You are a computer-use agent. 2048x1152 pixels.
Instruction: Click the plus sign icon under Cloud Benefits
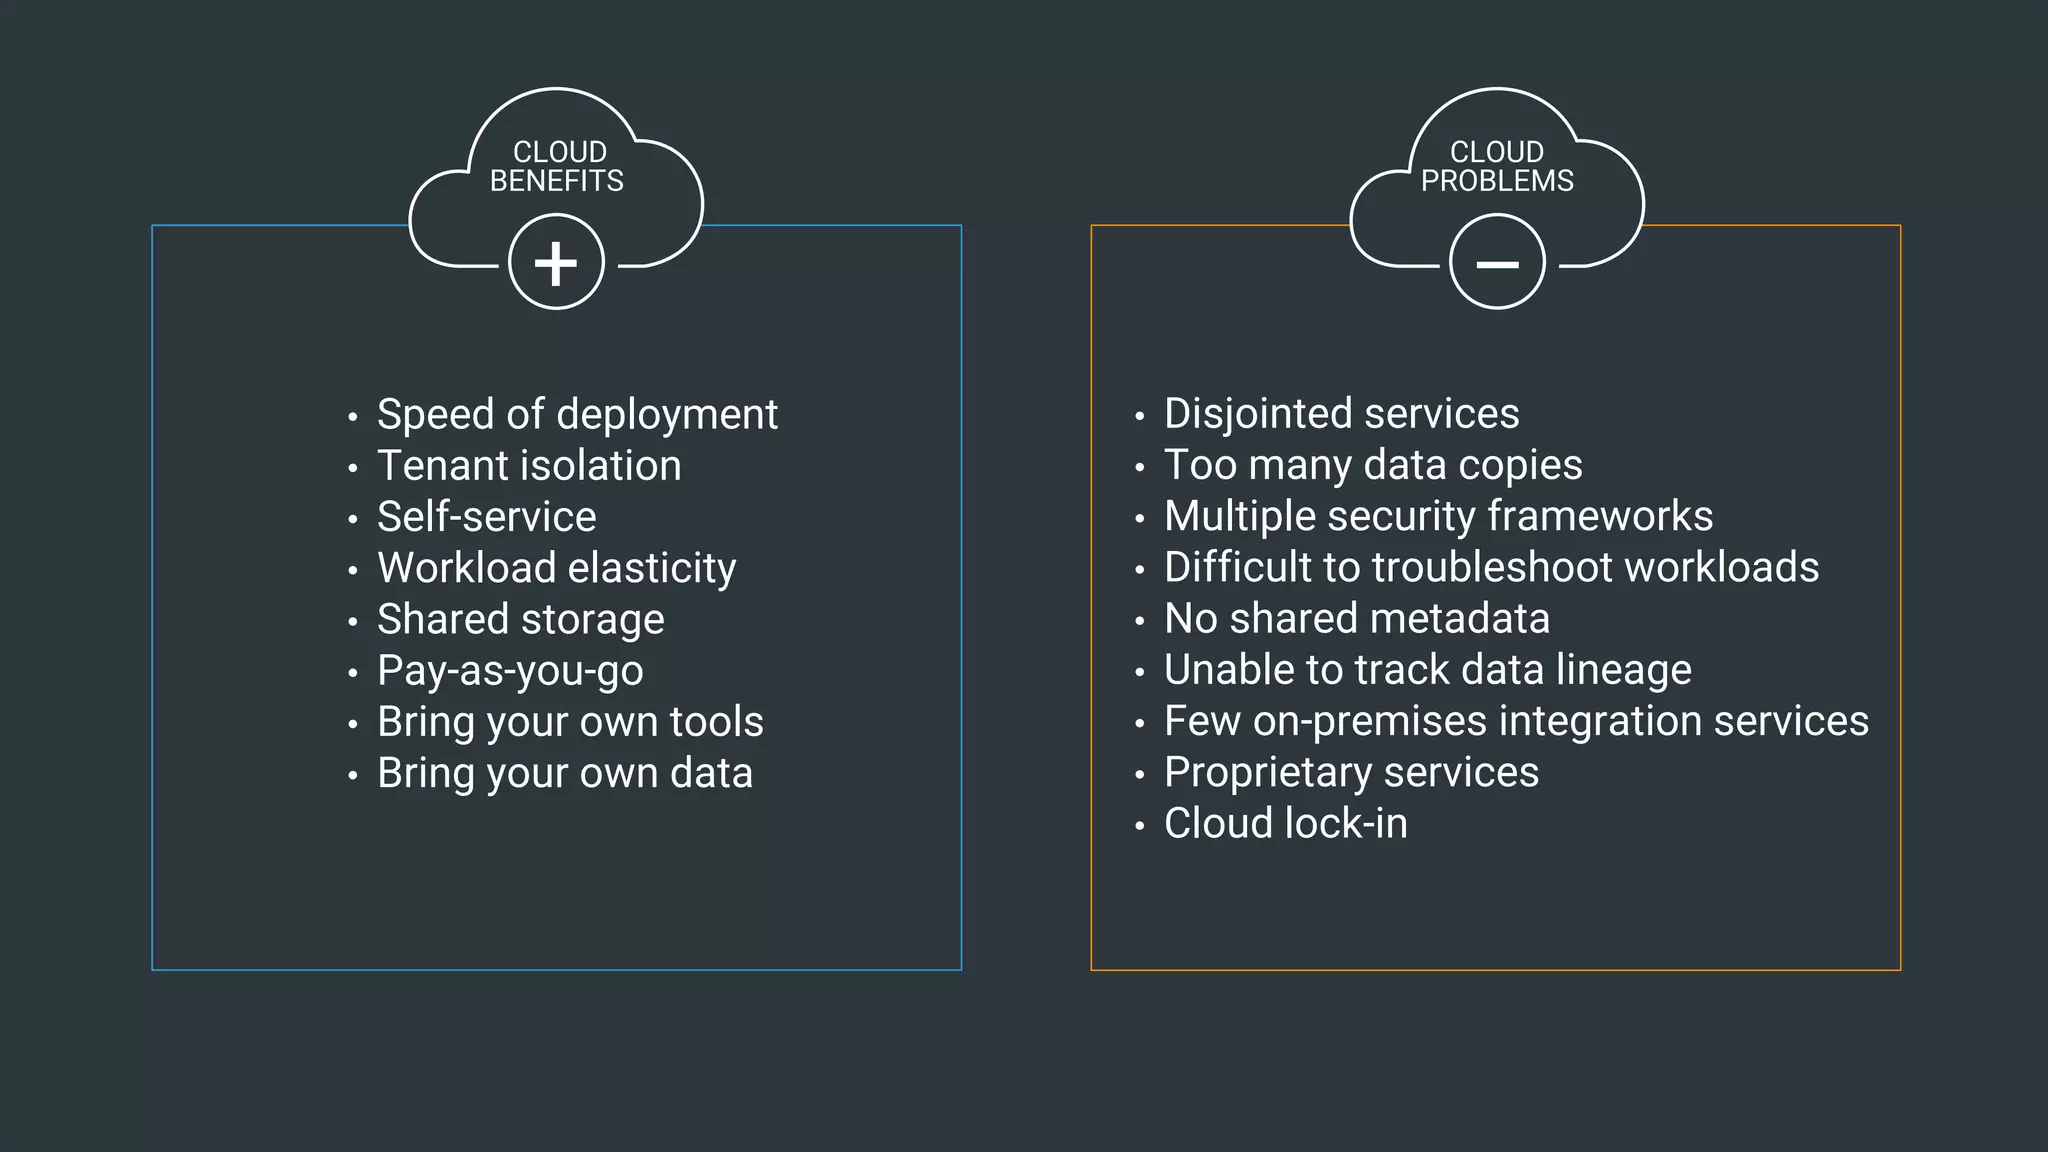(x=556, y=263)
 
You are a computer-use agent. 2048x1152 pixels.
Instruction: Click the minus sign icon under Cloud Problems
(x=1497, y=264)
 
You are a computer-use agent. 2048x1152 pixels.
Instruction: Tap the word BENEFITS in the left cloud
(x=556, y=181)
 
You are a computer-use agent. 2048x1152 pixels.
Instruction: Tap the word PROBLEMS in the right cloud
(x=1497, y=181)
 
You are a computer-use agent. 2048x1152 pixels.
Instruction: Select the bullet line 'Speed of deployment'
(x=576, y=415)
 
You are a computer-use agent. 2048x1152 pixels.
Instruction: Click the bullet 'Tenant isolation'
(x=528, y=466)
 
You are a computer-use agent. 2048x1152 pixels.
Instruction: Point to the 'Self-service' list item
(x=486, y=517)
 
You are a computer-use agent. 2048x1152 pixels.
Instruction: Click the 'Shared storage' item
(x=520, y=619)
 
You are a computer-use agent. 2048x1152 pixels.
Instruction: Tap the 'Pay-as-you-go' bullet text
(x=510, y=671)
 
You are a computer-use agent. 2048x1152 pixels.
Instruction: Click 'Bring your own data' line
(x=564, y=773)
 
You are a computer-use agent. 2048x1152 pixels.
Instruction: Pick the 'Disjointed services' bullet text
(x=1341, y=414)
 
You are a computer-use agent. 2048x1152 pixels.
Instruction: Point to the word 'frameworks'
(x=1600, y=516)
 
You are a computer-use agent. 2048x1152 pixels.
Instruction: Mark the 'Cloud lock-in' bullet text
(x=1285, y=824)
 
